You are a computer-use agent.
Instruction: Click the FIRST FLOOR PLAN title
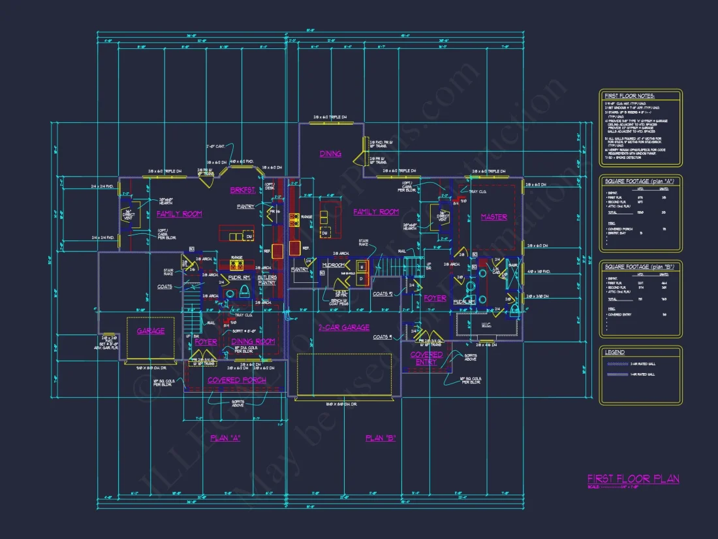point(632,479)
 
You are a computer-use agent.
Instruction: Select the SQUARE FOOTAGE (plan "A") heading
point(639,181)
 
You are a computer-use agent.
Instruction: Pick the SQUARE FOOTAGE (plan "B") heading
point(639,267)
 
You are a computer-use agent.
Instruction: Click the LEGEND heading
point(615,352)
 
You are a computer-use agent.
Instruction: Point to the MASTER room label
point(494,217)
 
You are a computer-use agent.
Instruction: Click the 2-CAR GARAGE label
point(343,327)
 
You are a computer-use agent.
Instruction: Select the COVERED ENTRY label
point(426,358)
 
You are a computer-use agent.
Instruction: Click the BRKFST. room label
point(241,190)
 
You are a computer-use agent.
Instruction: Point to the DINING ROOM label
point(253,342)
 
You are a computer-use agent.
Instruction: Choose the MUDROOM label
point(333,265)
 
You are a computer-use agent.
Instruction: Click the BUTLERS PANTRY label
point(266,280)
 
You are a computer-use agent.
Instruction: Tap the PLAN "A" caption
point(225,438)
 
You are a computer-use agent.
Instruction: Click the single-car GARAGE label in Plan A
point(151,331)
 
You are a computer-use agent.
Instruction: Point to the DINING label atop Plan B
point(330,154)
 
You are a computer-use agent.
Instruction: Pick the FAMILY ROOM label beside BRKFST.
point(179,214)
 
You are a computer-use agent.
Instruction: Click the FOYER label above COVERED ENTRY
point(435,298)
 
